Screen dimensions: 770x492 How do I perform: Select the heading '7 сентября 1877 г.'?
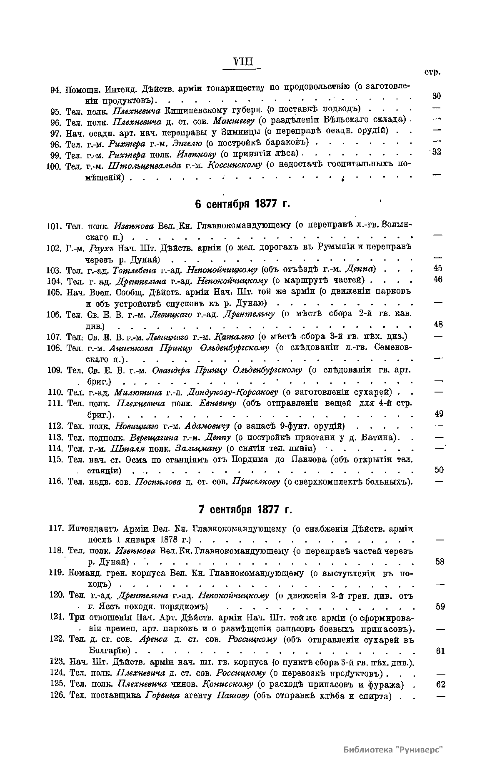coord(245,510)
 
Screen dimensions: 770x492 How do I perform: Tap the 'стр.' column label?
coord(432,72)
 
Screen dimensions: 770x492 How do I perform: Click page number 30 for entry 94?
coord(436,96)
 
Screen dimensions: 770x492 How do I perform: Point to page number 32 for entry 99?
coord(436,152)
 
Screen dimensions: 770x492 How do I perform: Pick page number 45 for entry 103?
coord(438,268)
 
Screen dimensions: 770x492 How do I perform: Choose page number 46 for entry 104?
coord(438,279)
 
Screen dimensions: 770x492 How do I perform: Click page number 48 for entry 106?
coord(438,324)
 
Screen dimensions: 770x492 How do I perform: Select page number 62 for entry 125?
coord(440,684)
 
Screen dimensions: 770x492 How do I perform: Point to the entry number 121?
coord(56,617)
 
